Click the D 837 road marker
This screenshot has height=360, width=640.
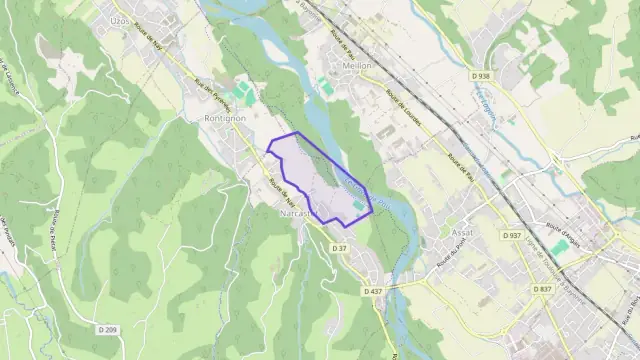(x=543, y=288)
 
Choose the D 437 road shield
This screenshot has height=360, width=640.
(x=373, y=290)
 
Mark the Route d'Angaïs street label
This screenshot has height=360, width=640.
(x=562, y=228)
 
